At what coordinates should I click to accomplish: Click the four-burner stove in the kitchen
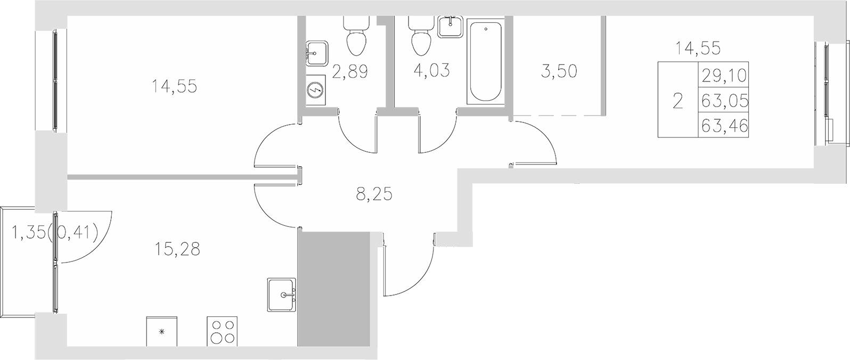222,331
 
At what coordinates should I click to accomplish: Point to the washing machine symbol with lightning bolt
316,91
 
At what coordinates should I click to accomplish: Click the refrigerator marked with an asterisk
161,331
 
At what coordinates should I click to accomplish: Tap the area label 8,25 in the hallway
374,195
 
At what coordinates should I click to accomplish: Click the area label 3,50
559,71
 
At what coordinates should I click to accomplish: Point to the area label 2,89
350,71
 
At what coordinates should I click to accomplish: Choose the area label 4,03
432,70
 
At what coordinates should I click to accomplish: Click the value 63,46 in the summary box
725,126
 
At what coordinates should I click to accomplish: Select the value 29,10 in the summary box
725,76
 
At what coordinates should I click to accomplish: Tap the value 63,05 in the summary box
725,101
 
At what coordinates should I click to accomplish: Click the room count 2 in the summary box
677,101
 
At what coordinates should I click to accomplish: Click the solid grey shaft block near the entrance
334,290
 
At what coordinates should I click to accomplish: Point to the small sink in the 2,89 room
315,53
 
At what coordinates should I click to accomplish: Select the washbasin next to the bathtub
451,26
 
